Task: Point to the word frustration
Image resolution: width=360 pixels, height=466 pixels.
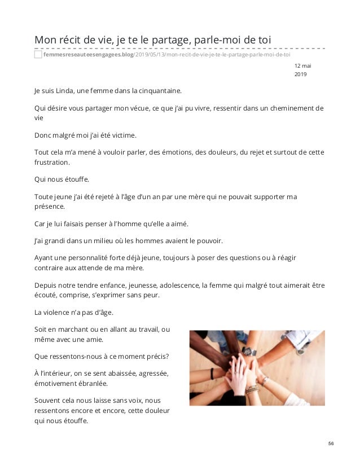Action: click(52, 162)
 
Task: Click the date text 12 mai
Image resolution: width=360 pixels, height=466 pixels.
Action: click(303, 66)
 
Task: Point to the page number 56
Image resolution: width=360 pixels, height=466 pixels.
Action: click(332, 444)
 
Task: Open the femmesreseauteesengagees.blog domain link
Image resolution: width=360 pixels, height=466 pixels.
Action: click(87, 55)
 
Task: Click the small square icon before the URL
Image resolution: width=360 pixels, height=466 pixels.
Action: click(38, 55)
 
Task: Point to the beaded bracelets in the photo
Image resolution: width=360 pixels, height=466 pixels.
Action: click(252, 389)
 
